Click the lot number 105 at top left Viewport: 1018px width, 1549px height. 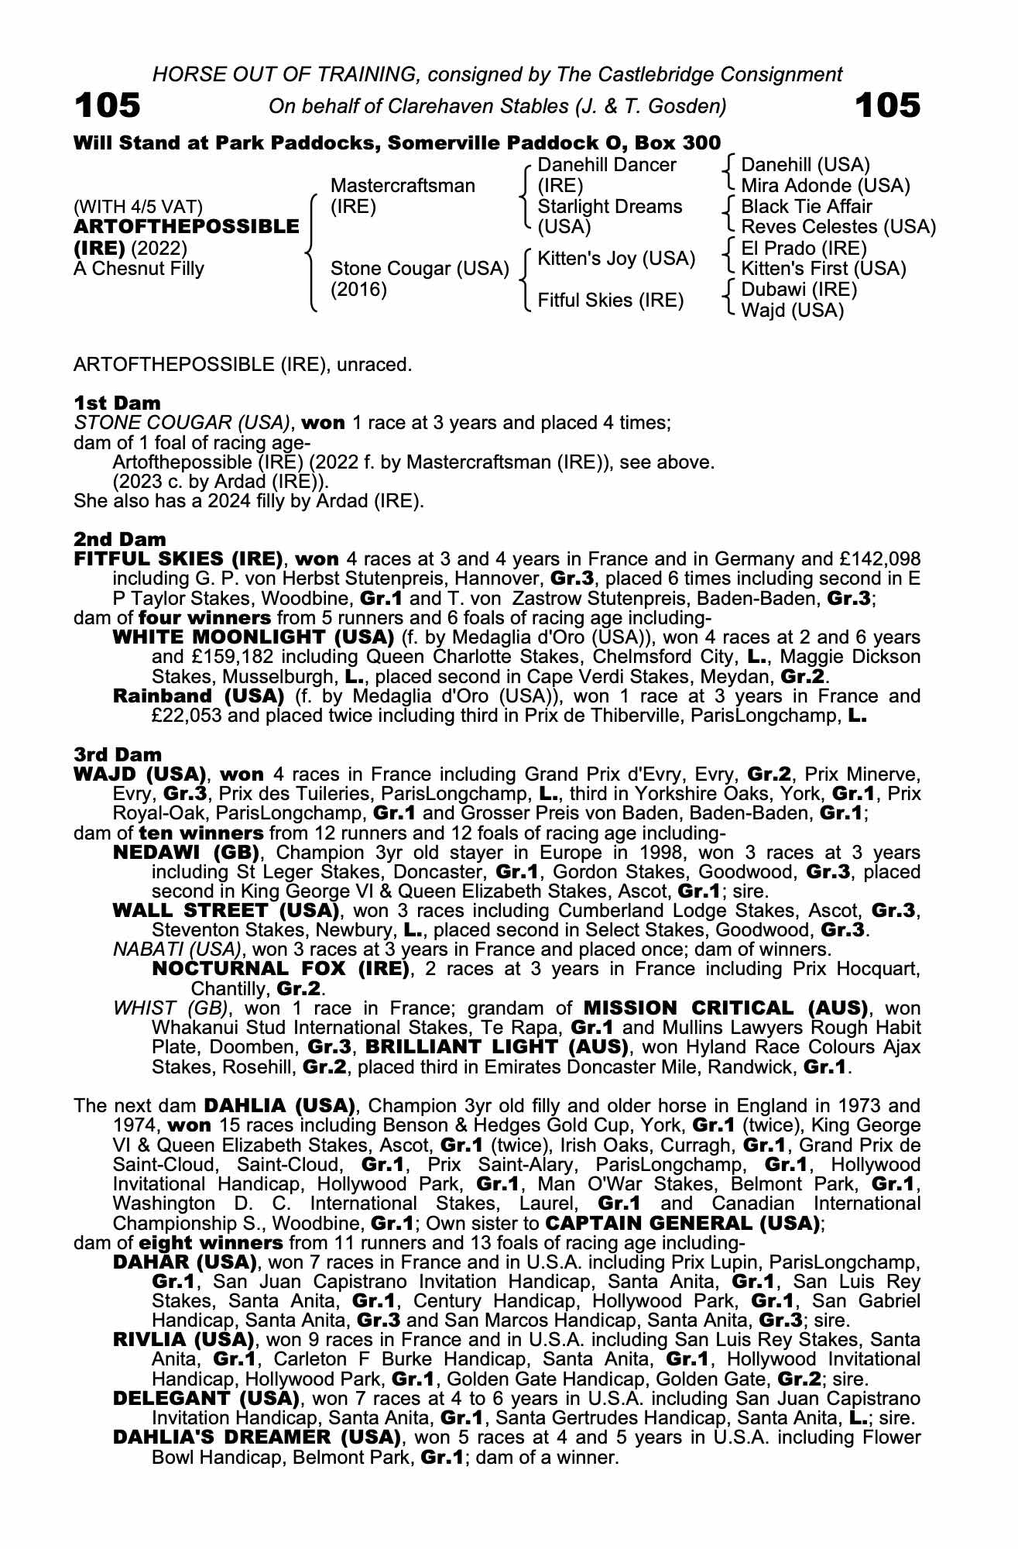107,105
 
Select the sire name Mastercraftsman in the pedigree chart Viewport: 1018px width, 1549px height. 403,186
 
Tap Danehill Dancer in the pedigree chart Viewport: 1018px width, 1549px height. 606,165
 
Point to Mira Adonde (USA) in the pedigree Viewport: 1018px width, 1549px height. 825,186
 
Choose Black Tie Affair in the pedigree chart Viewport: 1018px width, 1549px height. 806,207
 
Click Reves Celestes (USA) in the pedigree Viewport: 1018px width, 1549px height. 838,227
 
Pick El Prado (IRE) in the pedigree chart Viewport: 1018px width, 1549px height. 804,248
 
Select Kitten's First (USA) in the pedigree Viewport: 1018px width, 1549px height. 824,269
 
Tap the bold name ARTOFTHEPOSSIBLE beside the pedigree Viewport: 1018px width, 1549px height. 186,227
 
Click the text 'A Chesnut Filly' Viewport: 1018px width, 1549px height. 139,269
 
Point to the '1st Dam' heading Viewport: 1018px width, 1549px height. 117,403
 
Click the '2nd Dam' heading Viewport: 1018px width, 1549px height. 119,539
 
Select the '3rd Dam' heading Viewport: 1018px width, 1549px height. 118,754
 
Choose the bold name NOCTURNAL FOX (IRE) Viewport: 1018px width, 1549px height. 280,969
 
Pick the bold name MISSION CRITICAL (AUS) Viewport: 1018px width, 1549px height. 725,1008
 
